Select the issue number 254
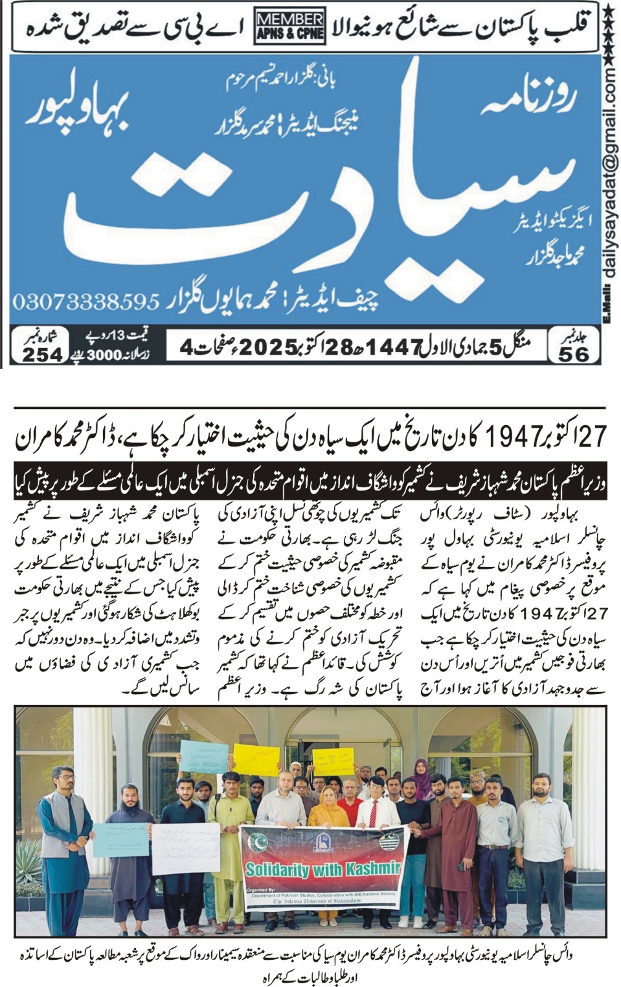tap(43, 354)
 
